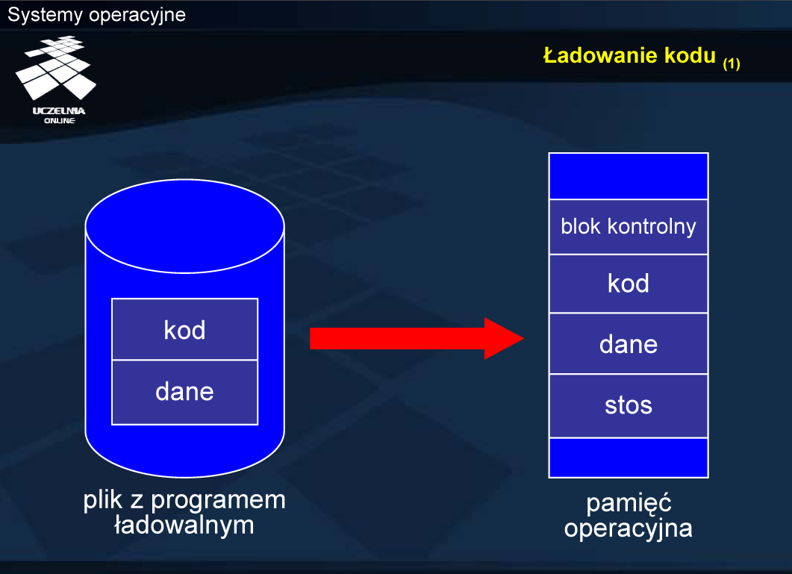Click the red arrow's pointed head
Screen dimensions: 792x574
pyautogui.click(x=523, y=339)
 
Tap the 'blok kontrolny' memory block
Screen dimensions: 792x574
pyautogui.click(x=629, y=227)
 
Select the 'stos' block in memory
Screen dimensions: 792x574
pyautogui.click(x=629, y=406)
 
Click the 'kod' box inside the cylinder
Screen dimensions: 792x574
pyautogui.click(x=185, y=329)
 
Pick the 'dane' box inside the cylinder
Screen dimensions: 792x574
pyautogui.click(x=185, y=393)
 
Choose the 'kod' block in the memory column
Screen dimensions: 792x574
pyautogui.click(x=629, y=284)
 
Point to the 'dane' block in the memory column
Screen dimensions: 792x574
pyautogui.click(x=629, y=344)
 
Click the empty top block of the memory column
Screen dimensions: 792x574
pyautogui.click(x=629, y=176)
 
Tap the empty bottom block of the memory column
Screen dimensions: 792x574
pyautogui.click(x=629, y=458)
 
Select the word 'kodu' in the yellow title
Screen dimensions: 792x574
pyautogui.click(x=690, y=55)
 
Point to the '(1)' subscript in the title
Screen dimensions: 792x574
pyautogui.click(x=732, y=63)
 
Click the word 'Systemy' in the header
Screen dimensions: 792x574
pyautogui.click(x=45, y=15)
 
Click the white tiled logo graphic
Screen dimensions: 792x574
pyautogui.click(x=55, y=67)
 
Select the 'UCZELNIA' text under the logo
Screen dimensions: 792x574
pyautogui.click(x=59, y=111)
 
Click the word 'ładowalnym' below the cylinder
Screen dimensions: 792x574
pyautogui.click(x=184, y=525)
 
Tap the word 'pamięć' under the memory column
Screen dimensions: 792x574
pyautogui.click(x=629, y=503)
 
